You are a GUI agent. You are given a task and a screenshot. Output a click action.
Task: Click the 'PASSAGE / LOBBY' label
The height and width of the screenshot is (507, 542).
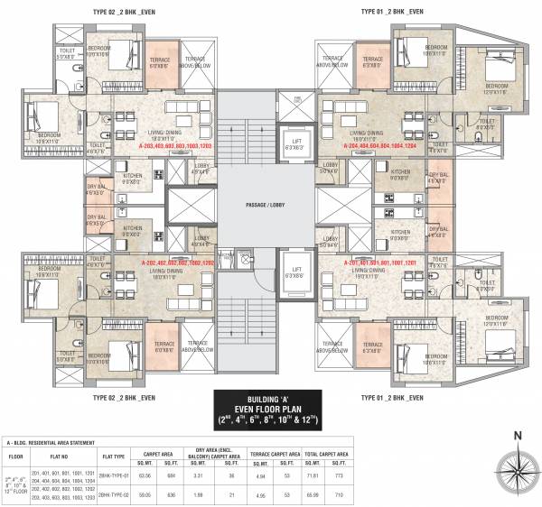pos(268,207)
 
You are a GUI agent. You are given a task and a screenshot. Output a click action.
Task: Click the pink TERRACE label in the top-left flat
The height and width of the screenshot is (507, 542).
pos(159,60)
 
